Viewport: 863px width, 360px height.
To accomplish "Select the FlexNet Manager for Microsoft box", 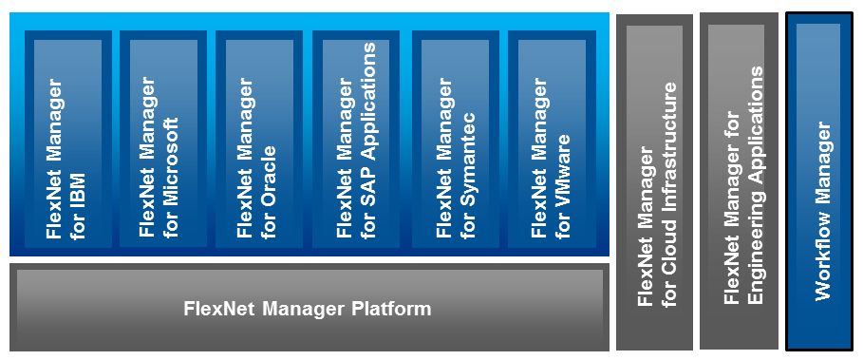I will point(161,139).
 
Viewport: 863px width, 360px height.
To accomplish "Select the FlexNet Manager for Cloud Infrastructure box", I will point(655,182).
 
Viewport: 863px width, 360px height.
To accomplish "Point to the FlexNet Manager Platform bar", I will point(308,310).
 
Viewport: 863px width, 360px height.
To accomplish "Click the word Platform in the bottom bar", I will point(392,310).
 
